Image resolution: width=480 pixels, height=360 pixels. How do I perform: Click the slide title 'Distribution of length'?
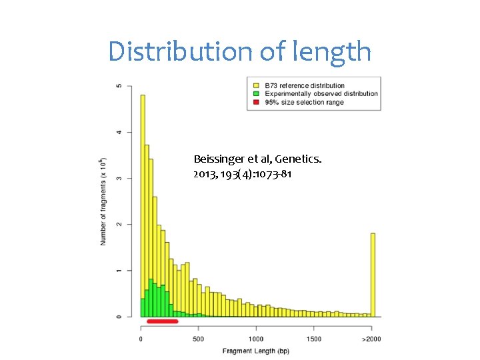pyautogui.click(x=240, y=51)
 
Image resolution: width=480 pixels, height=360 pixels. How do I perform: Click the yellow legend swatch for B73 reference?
pyautogui.click(x=255, y=86)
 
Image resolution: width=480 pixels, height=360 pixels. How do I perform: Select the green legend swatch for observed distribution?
pyautogui.click(x=255, y=94)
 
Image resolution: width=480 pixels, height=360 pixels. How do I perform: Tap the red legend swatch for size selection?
pyautogui.click(x=255, y=102)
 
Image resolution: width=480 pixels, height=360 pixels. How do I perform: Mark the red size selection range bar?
pyautogui.click(x=162, y=321)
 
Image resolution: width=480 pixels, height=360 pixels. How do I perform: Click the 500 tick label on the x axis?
pyautogui.click(x=198, y=339)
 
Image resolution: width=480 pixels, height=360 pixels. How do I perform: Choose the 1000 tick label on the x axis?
pyautogui.click(x=256, y=339)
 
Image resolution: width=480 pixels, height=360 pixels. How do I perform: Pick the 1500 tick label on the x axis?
pyautogui.click(x=314, y=339)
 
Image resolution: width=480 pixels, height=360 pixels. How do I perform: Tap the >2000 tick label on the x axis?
pyautogui.click(x=371, y=339)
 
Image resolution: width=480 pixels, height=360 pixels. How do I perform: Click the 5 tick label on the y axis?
pyautogui.click(x=119, y=86)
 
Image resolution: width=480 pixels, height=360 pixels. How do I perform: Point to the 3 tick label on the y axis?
pyautogui.click(x=119, y=178)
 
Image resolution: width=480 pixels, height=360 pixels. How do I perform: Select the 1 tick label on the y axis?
pyautogui.click(x=119, y=270)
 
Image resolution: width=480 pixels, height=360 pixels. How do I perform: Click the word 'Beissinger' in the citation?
pyautogui.click(x=217, y=159)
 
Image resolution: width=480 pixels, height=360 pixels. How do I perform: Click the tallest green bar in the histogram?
pyautogui.click(x=151, y=297)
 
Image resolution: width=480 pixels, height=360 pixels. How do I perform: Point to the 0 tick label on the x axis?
pyautogui.click(x=141, y=339)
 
